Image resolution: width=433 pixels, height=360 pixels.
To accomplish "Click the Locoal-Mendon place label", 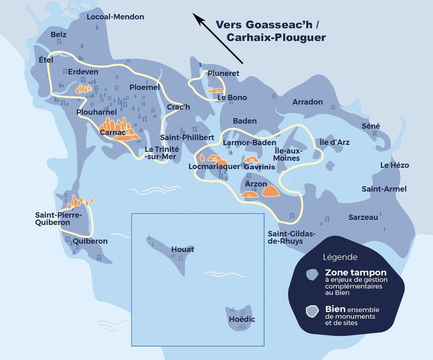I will pos(115,17).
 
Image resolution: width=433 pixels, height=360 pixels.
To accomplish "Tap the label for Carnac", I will pos(111,132).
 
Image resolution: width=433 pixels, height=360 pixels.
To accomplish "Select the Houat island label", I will pos(183,249).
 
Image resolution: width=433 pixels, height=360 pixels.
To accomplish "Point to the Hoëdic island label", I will pos(242,319).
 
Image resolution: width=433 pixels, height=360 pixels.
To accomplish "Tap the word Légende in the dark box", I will pos(340,257).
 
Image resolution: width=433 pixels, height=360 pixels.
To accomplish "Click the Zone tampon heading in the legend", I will pos(356,273).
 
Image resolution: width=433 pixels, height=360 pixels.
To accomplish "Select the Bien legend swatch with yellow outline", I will pos(312,311).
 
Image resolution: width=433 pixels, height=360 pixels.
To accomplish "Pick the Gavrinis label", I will pos(260,167).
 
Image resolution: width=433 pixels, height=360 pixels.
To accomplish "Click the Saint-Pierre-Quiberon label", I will pos(58,219).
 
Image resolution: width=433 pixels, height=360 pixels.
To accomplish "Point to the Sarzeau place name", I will pos(363,217).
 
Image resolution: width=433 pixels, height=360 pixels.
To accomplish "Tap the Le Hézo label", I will pos(395,165).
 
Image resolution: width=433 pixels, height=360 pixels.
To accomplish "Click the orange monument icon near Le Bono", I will pos(214,90).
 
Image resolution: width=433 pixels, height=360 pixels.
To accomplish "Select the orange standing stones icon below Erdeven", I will pos(84,88).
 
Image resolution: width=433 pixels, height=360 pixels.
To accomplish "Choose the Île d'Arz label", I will pos(334,142).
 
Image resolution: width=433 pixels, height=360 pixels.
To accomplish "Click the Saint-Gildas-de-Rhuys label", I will pos(291,237).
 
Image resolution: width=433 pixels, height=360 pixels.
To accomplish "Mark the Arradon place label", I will pos(307,102).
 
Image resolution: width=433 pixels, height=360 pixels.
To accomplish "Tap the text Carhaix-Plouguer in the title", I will pos(276,38).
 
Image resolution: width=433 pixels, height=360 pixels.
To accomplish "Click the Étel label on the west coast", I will pos(46,60).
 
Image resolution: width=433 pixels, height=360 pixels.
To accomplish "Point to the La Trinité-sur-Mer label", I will pos(162,153).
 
